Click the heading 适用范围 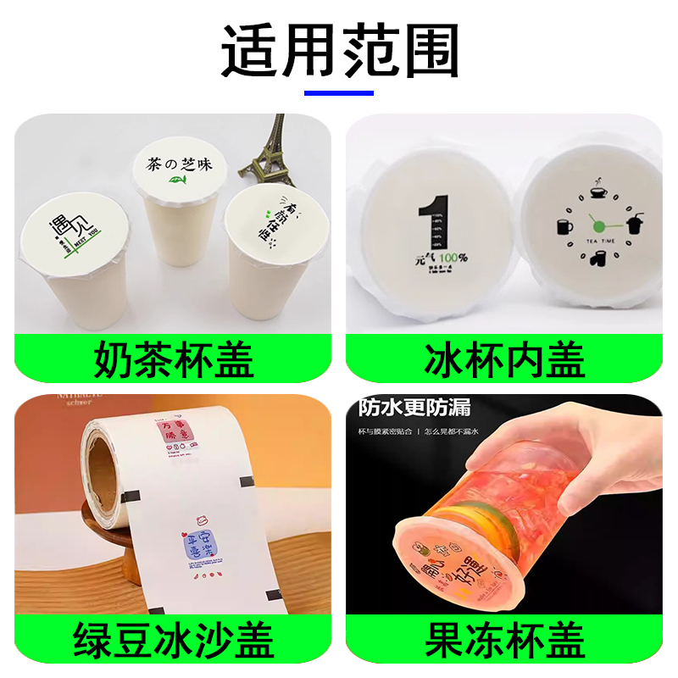[339, 49]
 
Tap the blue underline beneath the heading [339, 92]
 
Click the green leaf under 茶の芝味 [176, 181]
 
